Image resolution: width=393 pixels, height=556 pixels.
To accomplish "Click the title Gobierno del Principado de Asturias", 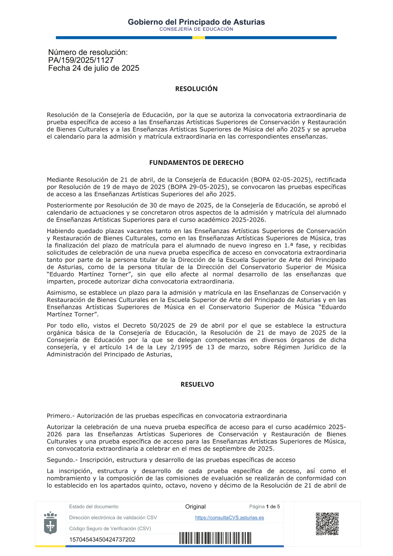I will pos(196,22).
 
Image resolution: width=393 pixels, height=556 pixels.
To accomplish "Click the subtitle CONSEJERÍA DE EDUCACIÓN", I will pos(196,29).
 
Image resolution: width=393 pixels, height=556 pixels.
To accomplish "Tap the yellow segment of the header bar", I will pos(198,38).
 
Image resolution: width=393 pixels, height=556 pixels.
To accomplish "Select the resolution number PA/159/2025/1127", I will pos(81,60).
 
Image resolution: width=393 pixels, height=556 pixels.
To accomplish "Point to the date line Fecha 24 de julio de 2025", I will pos(94,68).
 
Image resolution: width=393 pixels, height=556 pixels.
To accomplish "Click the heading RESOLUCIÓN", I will pos(196,89).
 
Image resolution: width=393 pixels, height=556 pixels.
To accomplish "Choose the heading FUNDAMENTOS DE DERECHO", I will pos(196,163).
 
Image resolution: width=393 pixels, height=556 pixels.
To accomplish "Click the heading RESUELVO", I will pos(197,384).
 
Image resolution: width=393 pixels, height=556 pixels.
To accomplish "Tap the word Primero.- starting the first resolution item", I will pos(61,416).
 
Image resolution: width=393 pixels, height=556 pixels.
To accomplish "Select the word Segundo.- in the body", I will pos(62,460).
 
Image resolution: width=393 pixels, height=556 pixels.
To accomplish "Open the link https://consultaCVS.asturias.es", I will pos(230,517).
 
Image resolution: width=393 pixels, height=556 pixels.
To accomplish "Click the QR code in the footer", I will pos(327,524).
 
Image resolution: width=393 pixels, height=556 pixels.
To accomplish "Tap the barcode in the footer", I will pos(215,538).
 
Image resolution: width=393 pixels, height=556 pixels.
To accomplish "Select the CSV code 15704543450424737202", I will pos(102,539).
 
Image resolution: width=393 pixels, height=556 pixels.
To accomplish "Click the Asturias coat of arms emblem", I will pos(50,523).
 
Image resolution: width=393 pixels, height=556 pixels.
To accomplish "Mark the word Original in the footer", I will pos(195,506).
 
